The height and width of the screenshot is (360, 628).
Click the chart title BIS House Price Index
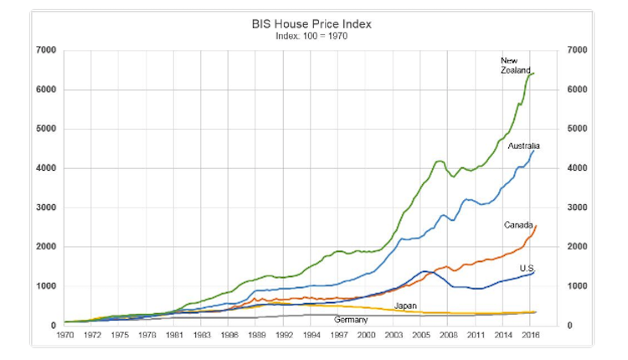[x=311, y=23]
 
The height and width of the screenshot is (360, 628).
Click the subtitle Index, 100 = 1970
[x=311, y=36]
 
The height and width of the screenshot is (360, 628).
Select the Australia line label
[x=522, y=146]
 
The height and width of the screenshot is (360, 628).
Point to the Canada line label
[x=518, y=224]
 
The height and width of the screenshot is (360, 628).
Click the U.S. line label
[x=528, y=268]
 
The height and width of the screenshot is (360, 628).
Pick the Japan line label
[x=406, y=306]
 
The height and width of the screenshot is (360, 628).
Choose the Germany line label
[x=351, y=320]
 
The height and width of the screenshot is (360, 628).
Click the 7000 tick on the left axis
[x=47, y=51]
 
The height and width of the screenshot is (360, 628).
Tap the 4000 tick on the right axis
[x=578, y=168]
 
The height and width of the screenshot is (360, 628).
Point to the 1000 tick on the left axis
[x=47, y=286]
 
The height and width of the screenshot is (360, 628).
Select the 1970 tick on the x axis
[x=64, y=335]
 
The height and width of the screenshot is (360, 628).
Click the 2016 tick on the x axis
[x=529, y=335]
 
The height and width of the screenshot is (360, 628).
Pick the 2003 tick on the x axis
[x=394, y=335]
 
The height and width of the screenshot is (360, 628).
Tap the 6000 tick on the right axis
[x=578, y=90]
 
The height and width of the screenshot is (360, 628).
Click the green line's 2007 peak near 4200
[x=440, y=161]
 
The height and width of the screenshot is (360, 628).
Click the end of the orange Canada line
[x=536, y=226]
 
